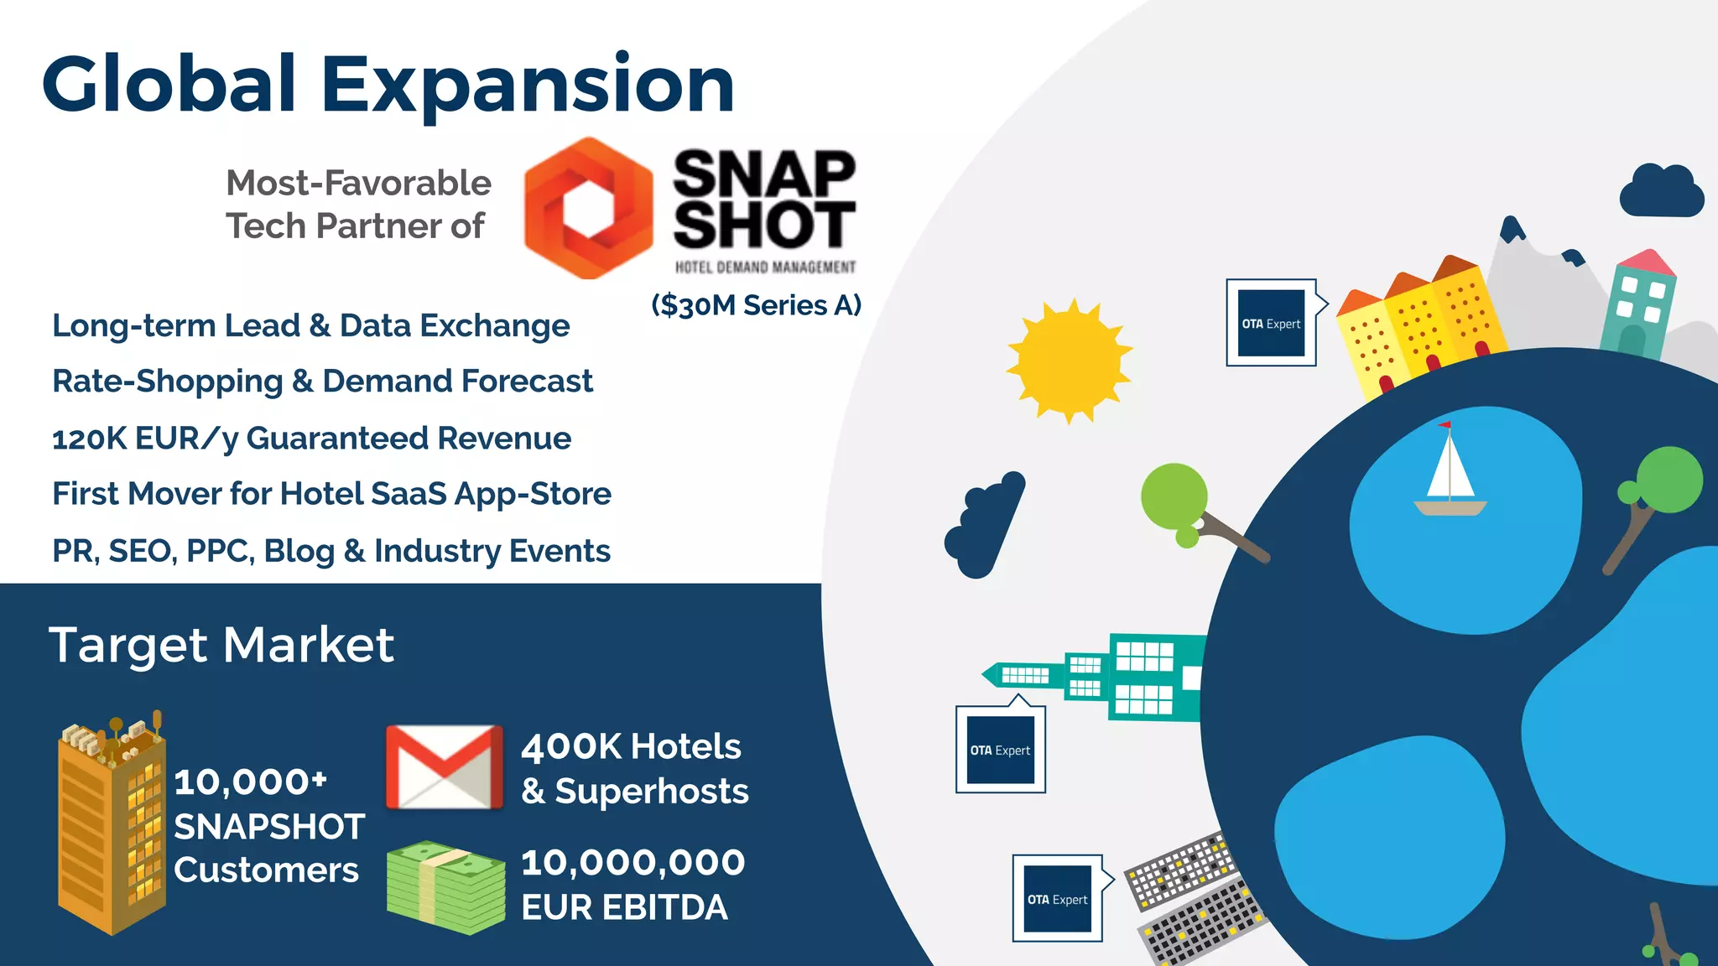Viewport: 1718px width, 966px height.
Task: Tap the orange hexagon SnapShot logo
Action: pos(588,208)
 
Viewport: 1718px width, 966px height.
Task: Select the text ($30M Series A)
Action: pos(756,305)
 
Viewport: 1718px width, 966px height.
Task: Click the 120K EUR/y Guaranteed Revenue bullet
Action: pos(311,439)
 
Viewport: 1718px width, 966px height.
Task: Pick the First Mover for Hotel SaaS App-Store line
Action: pos(331,494)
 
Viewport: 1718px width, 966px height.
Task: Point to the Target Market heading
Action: pos(221,645)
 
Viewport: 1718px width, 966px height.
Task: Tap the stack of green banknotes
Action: pos(445,887)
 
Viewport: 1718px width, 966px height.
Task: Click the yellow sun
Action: pos(1069,361)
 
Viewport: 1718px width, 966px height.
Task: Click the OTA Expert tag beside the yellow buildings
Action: pos(1271,323)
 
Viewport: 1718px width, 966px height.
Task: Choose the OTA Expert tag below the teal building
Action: pos(1000,750)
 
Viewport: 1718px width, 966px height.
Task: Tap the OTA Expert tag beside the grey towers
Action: pos(1057,899)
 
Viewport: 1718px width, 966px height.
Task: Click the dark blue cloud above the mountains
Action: pos(1661,193)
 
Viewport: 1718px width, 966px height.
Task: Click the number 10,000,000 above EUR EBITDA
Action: pos(633,863)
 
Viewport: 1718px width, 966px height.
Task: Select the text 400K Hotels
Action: pos(631,746)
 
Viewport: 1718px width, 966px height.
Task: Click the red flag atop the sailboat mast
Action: pos(1445,425)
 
